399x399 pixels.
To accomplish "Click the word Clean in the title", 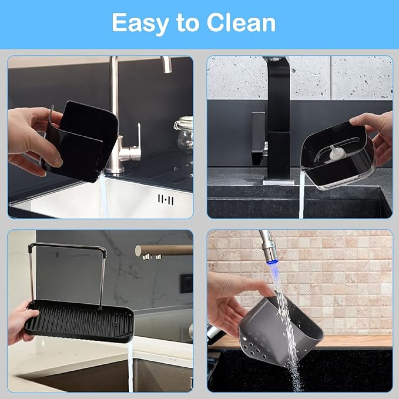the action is pos(241,22).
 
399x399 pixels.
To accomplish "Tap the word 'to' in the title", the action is pos(187,23).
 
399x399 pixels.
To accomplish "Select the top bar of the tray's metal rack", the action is pos(67,247).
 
